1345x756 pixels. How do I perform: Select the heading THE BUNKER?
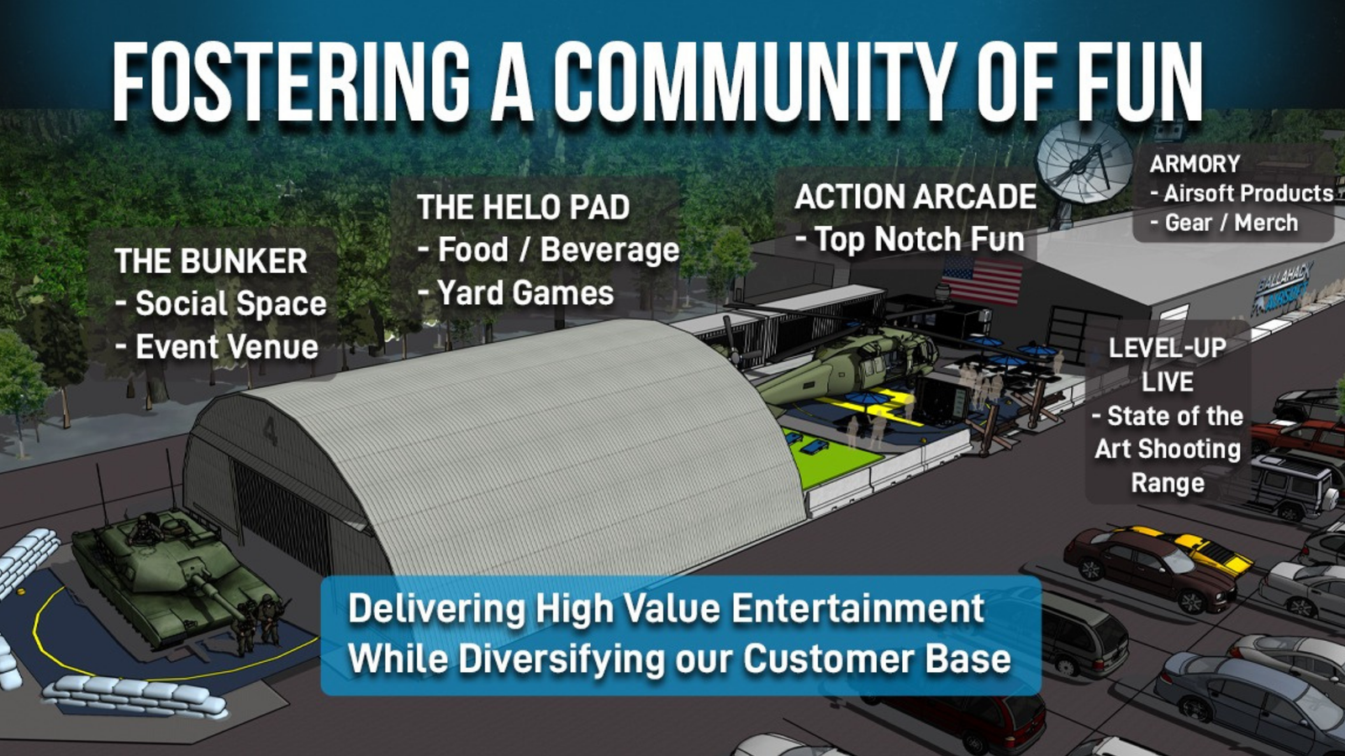coord(211,261)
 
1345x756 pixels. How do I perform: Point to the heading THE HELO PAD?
coord(523,207)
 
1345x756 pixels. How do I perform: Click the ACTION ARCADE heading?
coord(915,197)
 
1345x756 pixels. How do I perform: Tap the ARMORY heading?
coord(1195,164)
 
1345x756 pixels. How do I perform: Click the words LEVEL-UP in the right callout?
coord(1168,348)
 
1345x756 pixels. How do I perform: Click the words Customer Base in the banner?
coord(878,659)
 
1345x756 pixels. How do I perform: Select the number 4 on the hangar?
coord(270,431)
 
